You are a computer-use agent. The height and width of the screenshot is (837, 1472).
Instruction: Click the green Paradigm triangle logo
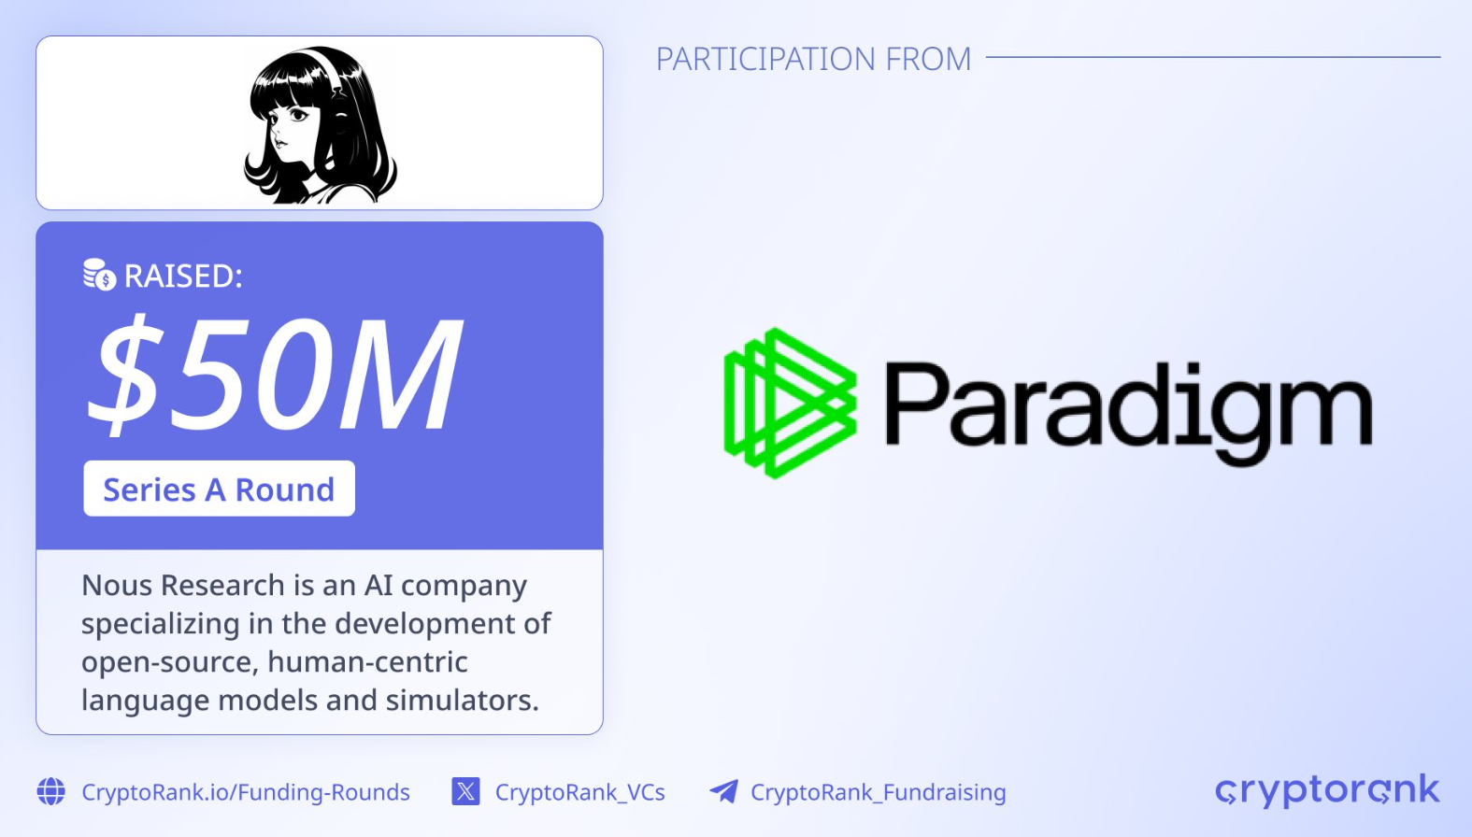click(790, 403)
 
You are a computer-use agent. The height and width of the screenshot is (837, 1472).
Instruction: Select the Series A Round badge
click(219, 489)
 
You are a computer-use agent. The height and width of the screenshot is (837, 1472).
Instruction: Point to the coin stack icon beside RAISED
click(99, 275)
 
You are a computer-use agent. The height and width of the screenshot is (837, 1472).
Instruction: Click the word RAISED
click(182, 276)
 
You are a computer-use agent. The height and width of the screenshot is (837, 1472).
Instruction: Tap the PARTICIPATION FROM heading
click(813, 59)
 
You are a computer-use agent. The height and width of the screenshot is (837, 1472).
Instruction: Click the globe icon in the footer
click(51, 791)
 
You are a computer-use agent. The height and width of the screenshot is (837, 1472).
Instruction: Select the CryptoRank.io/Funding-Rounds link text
click(246, 792)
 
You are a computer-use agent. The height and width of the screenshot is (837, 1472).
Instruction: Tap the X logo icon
click(466, 791)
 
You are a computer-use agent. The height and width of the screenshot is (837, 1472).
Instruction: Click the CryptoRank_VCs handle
click(580, 792)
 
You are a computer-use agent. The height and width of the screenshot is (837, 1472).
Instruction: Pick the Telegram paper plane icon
click(724, 791)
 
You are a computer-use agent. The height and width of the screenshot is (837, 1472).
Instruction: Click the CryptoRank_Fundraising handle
click(879, 792)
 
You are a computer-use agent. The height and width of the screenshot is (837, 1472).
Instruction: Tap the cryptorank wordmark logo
click(1327, 790)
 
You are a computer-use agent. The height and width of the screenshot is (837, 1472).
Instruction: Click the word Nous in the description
click(117, 585)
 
